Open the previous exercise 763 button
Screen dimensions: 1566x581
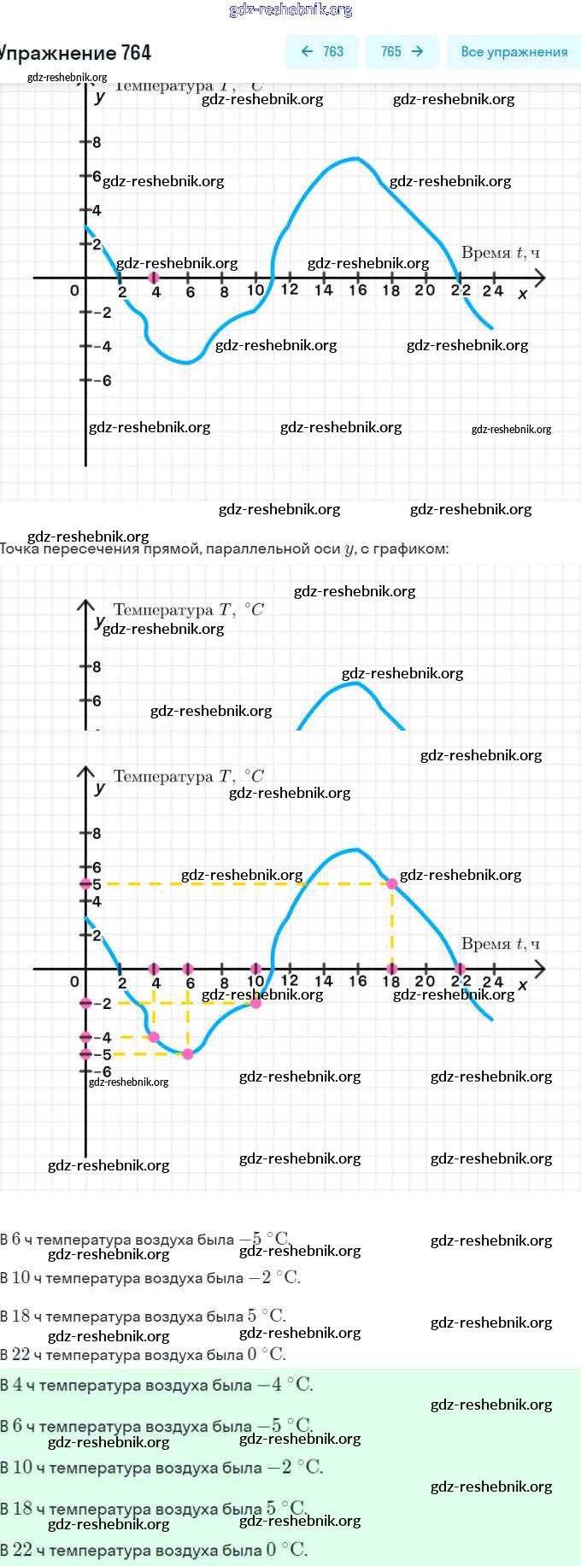(322, 51)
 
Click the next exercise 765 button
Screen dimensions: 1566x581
(402, 51)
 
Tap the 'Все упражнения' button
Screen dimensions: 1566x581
(514, 51)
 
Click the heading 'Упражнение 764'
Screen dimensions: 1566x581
(75, 53)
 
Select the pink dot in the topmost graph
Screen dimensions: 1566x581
(154, 278)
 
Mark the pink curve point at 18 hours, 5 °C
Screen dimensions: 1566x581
(392, 883)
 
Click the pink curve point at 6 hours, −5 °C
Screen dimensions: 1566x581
(188, 1053)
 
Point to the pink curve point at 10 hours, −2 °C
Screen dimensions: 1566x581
(255, 1003)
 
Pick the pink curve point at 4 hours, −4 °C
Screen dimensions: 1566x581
(154, 1037)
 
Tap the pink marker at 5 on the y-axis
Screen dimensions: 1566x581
(85, 883)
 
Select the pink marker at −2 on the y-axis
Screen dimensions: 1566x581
(85, 1003)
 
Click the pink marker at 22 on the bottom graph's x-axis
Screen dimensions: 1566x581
(461, 969)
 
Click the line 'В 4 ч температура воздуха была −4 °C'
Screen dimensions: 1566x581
(157, 1385)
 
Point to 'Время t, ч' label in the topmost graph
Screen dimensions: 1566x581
(501, 253)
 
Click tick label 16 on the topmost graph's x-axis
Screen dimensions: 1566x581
(357, 290)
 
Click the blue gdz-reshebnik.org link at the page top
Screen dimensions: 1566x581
(290, 10)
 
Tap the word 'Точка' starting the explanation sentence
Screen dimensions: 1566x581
(19, 548)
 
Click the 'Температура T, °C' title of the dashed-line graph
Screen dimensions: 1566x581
(189, 777)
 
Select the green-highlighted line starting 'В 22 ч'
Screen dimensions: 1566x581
(154, 1550)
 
